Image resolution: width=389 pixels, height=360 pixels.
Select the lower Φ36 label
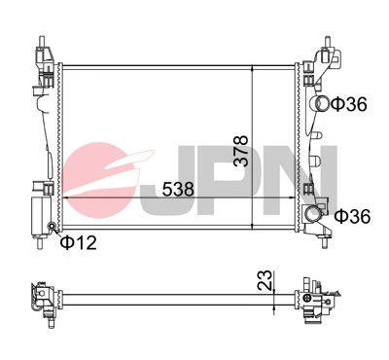pos(352,216)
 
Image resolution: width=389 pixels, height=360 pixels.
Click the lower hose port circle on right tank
pos(313,214)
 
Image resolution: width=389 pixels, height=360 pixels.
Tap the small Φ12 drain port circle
pos(52,228)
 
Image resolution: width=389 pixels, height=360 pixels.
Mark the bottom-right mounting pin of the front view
pos(322,244)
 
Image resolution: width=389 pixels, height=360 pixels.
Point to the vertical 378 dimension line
pos(252,107)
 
